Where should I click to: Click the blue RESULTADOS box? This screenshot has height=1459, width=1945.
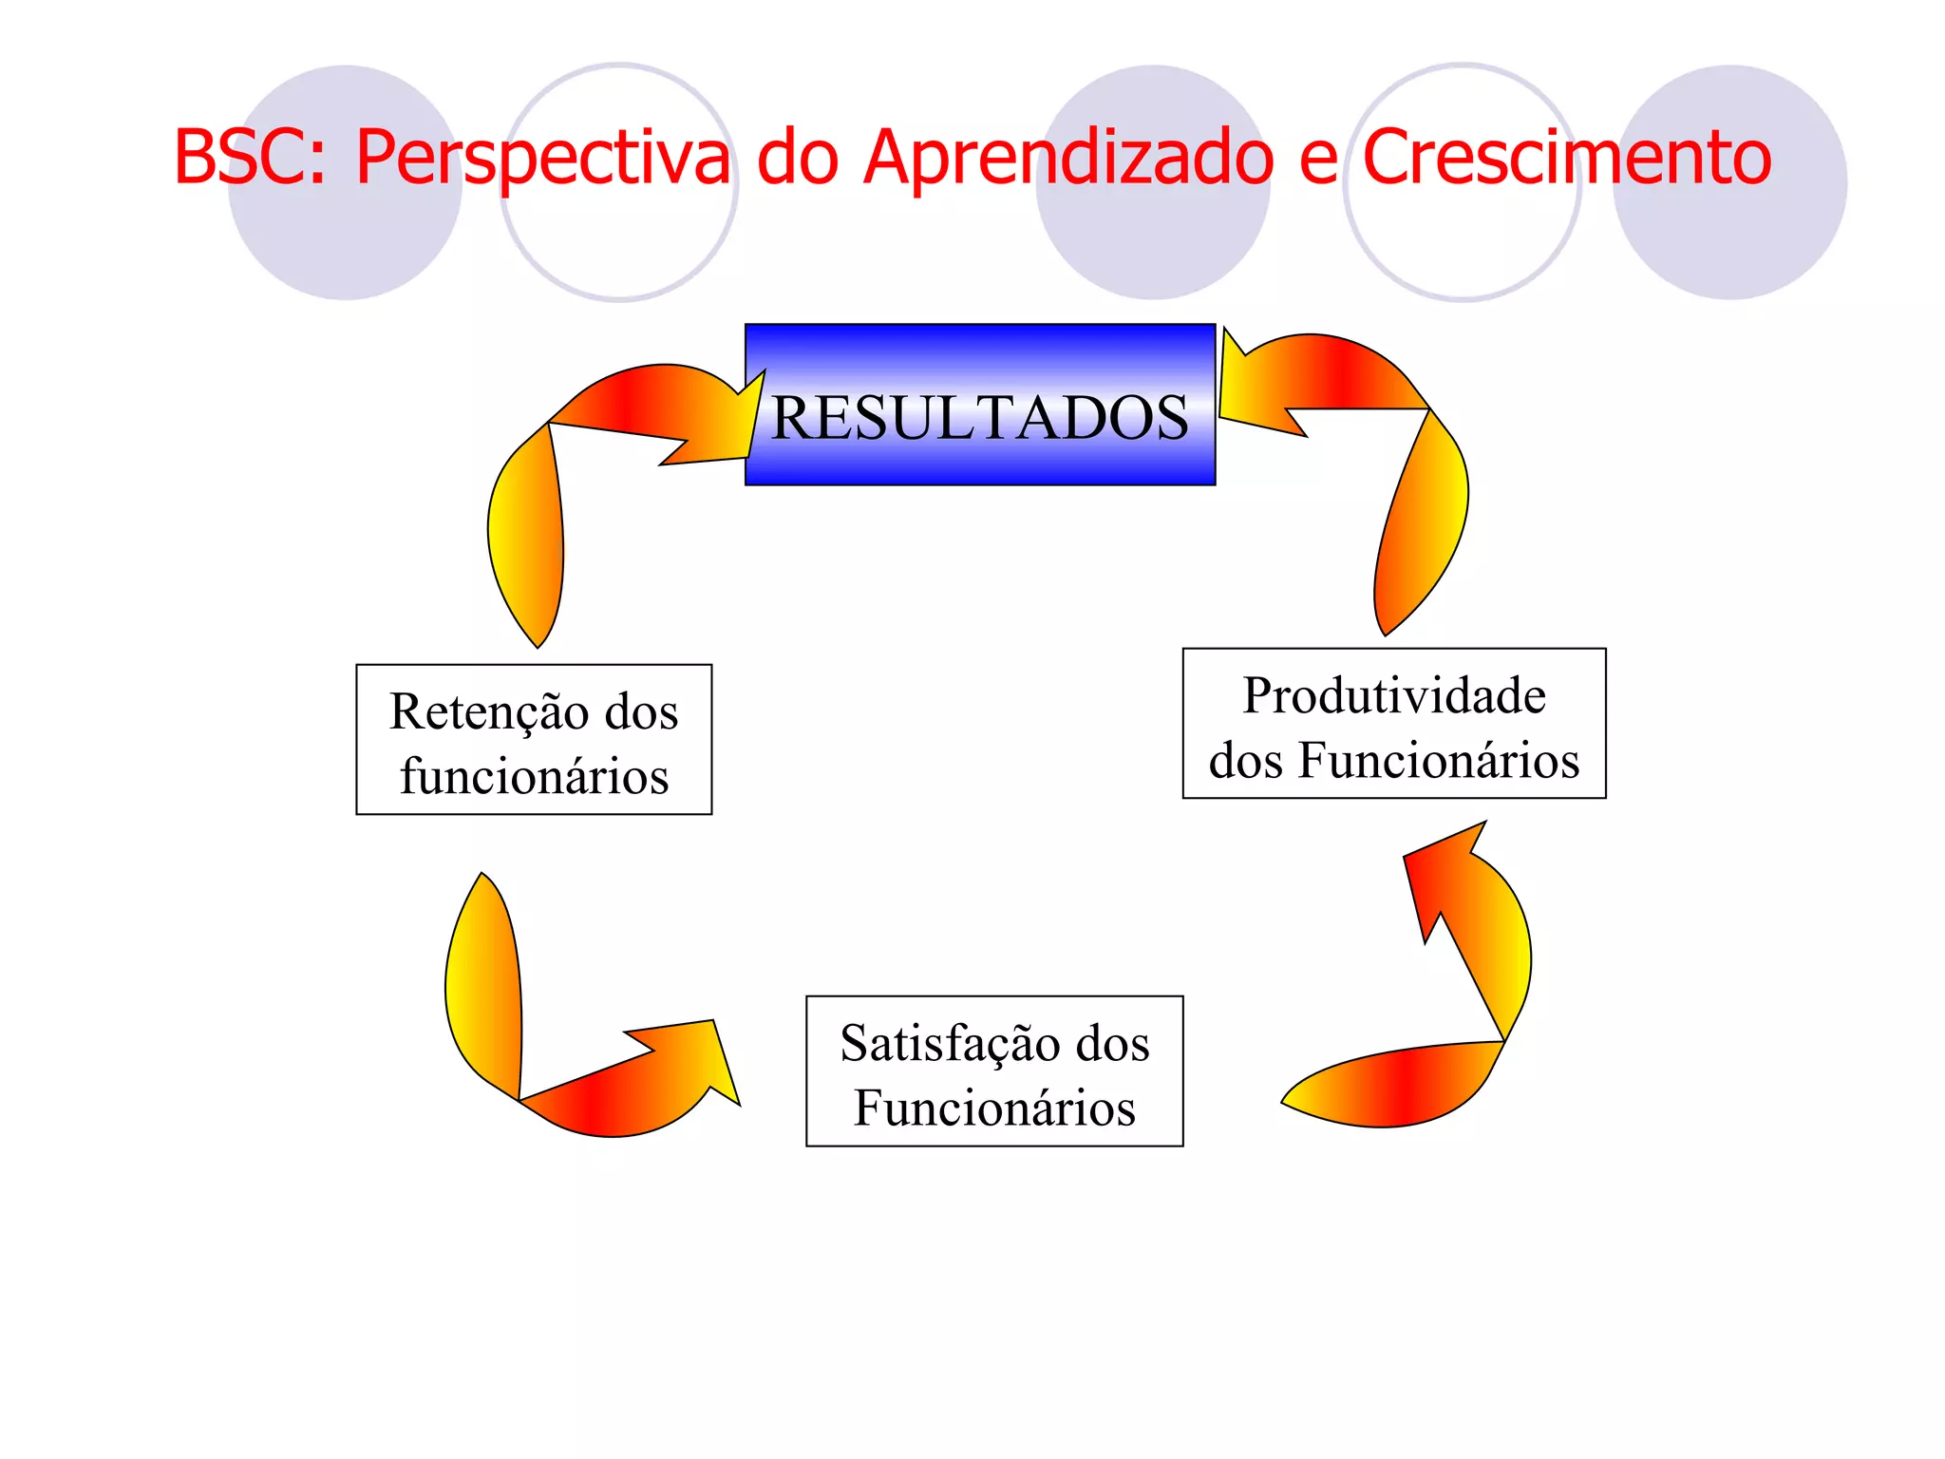click(x=979, y=405)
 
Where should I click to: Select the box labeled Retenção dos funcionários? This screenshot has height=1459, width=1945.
click(x=534, y=739)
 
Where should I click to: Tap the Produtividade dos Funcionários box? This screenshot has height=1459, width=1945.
click(x=1393, y=724)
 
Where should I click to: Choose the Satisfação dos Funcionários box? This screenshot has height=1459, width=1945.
click(x=994, y=1071)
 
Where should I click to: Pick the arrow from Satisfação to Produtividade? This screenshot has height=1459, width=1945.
click(x=1463, y=1007)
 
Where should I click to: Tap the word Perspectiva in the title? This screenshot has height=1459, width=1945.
click(x=542, y=157)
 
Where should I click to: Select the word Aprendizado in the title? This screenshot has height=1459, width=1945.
click(x=1068, y=157)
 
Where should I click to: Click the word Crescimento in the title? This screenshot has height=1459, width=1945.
click(x=1567, y=157)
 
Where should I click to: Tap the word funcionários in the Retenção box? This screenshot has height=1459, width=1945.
click(x=534, y=776)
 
